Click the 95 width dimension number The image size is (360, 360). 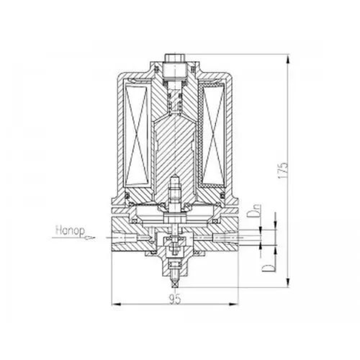(175, 298)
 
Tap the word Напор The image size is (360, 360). (70, 231)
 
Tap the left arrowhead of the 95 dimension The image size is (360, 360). (116, 304)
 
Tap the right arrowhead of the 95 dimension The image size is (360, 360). (234, 304)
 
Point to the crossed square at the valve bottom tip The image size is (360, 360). (175, 285)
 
